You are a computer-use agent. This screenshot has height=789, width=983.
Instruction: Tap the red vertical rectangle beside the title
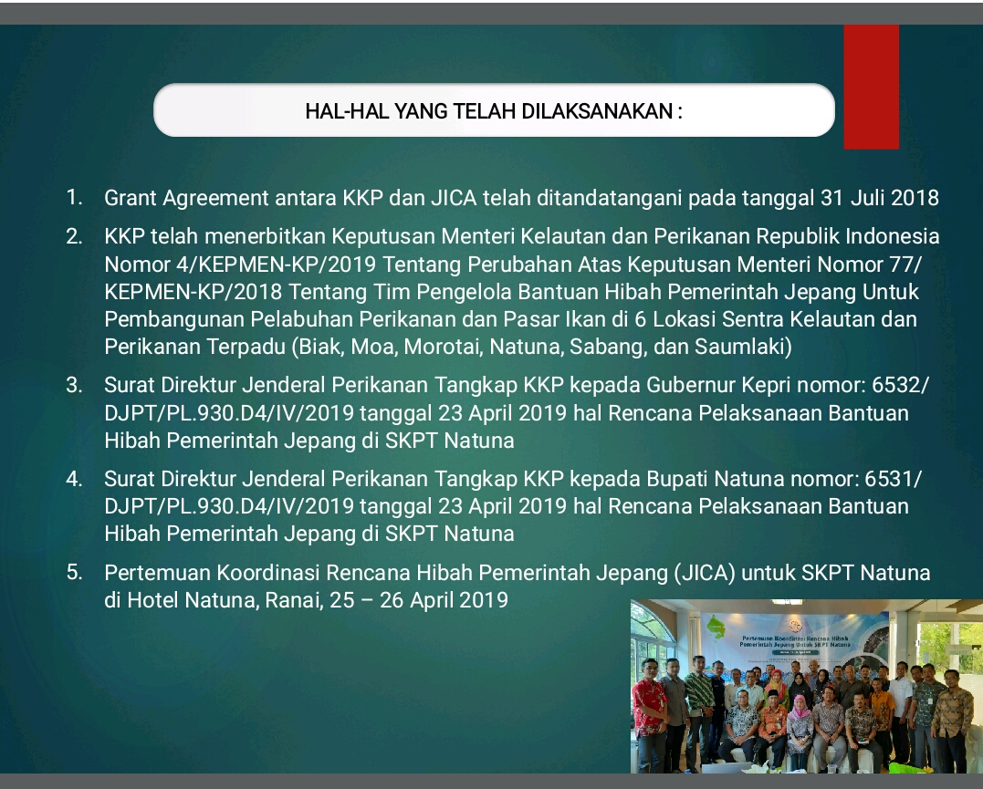[872, 87]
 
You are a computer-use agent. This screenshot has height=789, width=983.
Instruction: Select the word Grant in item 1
[131, 198]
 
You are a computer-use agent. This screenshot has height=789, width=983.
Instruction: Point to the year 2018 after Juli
[915, 198]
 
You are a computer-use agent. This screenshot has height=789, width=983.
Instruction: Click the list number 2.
[74, 236]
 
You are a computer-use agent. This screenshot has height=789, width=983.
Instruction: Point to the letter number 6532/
[900, 385]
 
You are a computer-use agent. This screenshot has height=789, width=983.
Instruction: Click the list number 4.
[74, 479]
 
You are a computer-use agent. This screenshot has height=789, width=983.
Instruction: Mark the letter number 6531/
[894, 479]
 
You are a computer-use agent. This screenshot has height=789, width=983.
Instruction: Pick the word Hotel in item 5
[153, 600]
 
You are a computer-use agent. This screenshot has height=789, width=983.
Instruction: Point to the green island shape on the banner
[716, 626]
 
